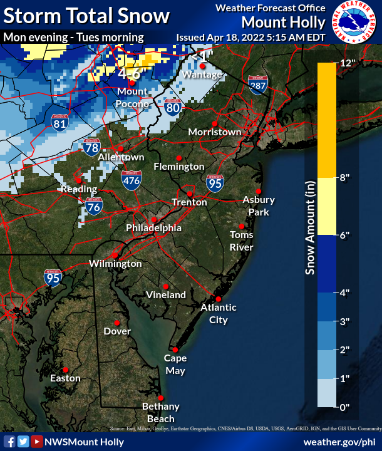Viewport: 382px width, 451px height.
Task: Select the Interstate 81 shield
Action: (60, 121)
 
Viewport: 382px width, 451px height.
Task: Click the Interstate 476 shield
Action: (131, 179)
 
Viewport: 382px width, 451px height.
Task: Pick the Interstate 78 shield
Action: (91, 147)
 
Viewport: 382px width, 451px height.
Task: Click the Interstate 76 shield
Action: (94, 207)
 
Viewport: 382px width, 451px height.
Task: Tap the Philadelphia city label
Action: (154, 228)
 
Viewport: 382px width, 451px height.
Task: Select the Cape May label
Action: (175, 364)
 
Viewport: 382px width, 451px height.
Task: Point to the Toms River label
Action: (242, 241)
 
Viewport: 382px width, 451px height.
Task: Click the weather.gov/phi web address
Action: (339, 442)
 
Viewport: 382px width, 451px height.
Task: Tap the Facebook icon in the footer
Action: (10, 442)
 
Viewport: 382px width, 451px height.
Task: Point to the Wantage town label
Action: (202, 75)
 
